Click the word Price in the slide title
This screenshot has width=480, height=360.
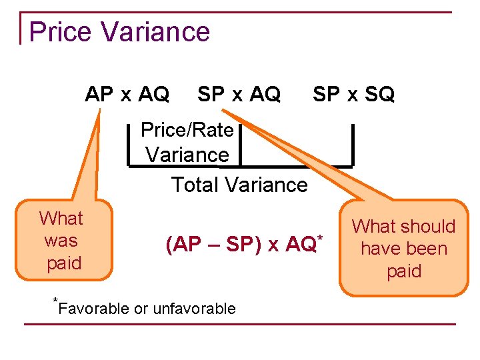(61, 32)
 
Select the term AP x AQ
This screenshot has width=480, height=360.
(127, 95)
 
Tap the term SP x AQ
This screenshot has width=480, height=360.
(239, 95)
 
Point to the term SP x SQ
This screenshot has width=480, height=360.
(353, 95)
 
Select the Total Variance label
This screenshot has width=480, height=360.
(239, 185)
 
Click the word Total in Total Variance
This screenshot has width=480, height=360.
(195, 185)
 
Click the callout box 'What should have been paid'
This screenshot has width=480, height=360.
(403, 249)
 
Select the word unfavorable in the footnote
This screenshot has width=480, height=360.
(194, 309)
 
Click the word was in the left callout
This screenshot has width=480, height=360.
(61, 241)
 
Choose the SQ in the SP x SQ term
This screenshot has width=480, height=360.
(379, 95)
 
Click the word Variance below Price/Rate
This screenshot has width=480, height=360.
(187, 155)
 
